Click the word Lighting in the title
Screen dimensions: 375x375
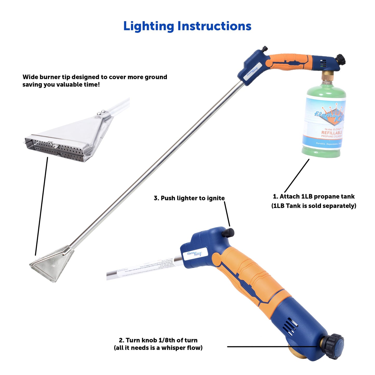pos(148,26)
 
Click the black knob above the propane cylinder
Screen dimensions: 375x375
pos(340,60)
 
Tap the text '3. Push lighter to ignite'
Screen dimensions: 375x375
pos(189,198)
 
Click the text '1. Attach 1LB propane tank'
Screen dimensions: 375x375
pos(313,196)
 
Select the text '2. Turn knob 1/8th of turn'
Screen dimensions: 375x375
pos(158,340)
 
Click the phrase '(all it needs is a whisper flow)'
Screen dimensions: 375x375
pos(158,348)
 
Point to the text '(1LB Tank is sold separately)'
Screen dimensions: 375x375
pos(313,206)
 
